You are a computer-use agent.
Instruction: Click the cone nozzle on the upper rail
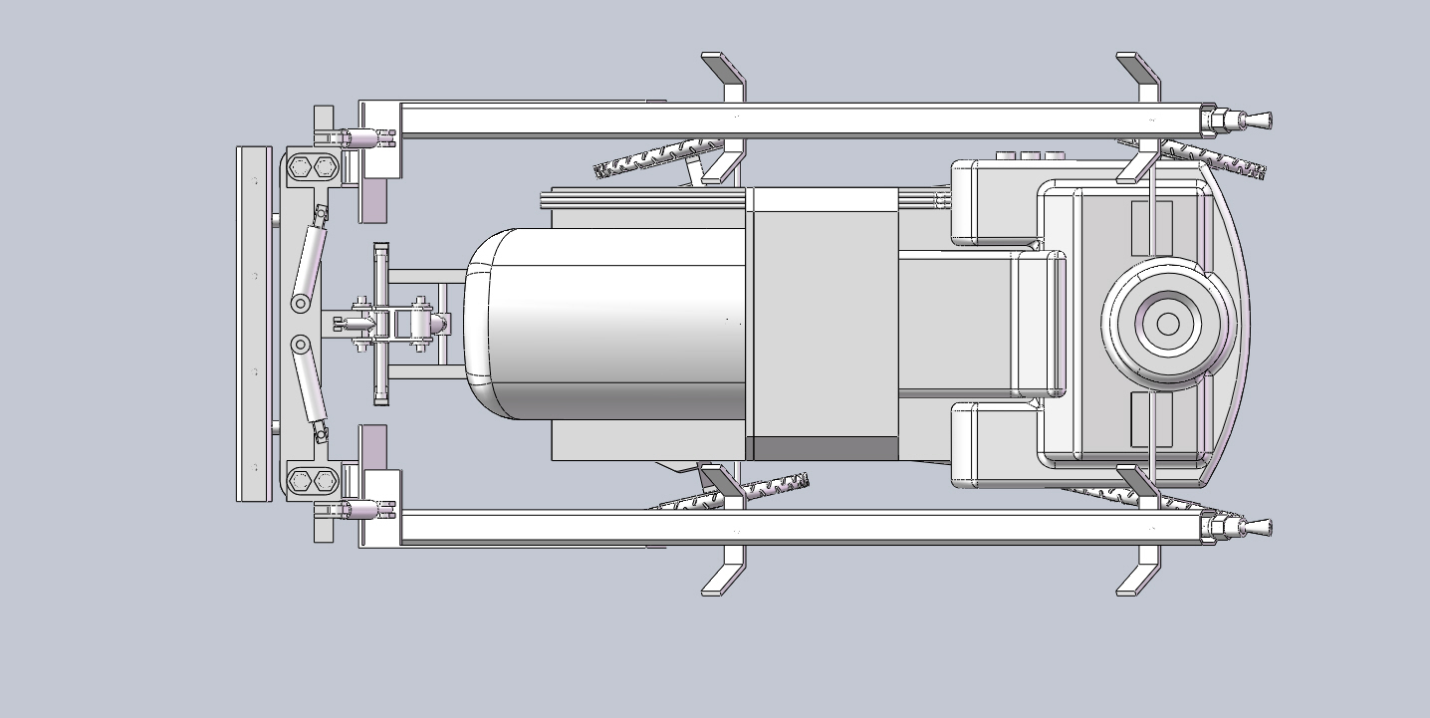click(1257, 122)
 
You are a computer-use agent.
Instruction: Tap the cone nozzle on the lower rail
click(1257, 527)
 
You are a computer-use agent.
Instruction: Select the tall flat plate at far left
click(253, 324)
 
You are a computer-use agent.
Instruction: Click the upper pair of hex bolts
click(311, 167)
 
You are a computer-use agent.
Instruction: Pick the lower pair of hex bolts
click(311, 481)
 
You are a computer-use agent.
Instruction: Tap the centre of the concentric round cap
click(1168, 324)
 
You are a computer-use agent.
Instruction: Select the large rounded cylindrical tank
click(607, 324)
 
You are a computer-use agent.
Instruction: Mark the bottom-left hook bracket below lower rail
click(726, 575)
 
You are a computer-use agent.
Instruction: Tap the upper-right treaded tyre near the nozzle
click(1210, 157)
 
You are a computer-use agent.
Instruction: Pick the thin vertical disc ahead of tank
click(379, 324)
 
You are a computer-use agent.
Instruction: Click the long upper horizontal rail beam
click(797, 120)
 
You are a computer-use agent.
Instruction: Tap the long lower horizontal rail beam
click(797, 527)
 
